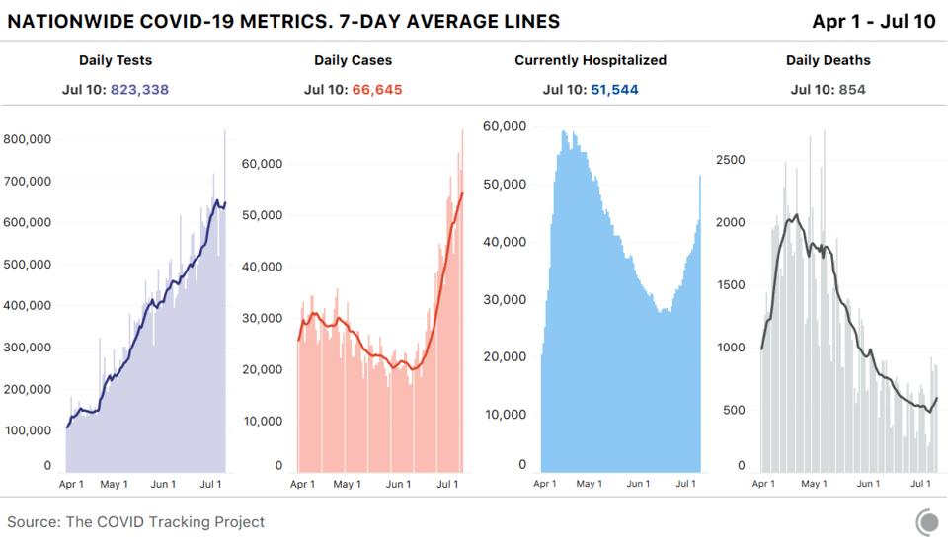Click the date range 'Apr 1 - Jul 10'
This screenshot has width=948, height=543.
click(x=873, y=21)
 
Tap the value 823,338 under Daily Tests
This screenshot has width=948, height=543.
click(x=140, y=89)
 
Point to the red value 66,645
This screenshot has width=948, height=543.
click(x=377, y=89)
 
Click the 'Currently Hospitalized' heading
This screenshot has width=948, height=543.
click(x=591, y=60)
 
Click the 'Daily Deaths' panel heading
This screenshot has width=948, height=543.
click(x=828, y=60)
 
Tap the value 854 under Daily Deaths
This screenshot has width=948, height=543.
click(x=850, y=89)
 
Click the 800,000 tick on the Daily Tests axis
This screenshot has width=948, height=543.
click(x=27, y=139)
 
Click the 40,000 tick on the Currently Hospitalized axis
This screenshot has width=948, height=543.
click(x=504, y=242)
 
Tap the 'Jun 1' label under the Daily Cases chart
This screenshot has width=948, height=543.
click(x=397, y=484)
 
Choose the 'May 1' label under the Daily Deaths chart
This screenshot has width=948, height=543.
click(x=814, y=484)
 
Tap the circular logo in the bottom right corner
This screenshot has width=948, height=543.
click(x=927, y=521)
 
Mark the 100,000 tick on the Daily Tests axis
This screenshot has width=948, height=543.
click(x=27, y=430)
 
